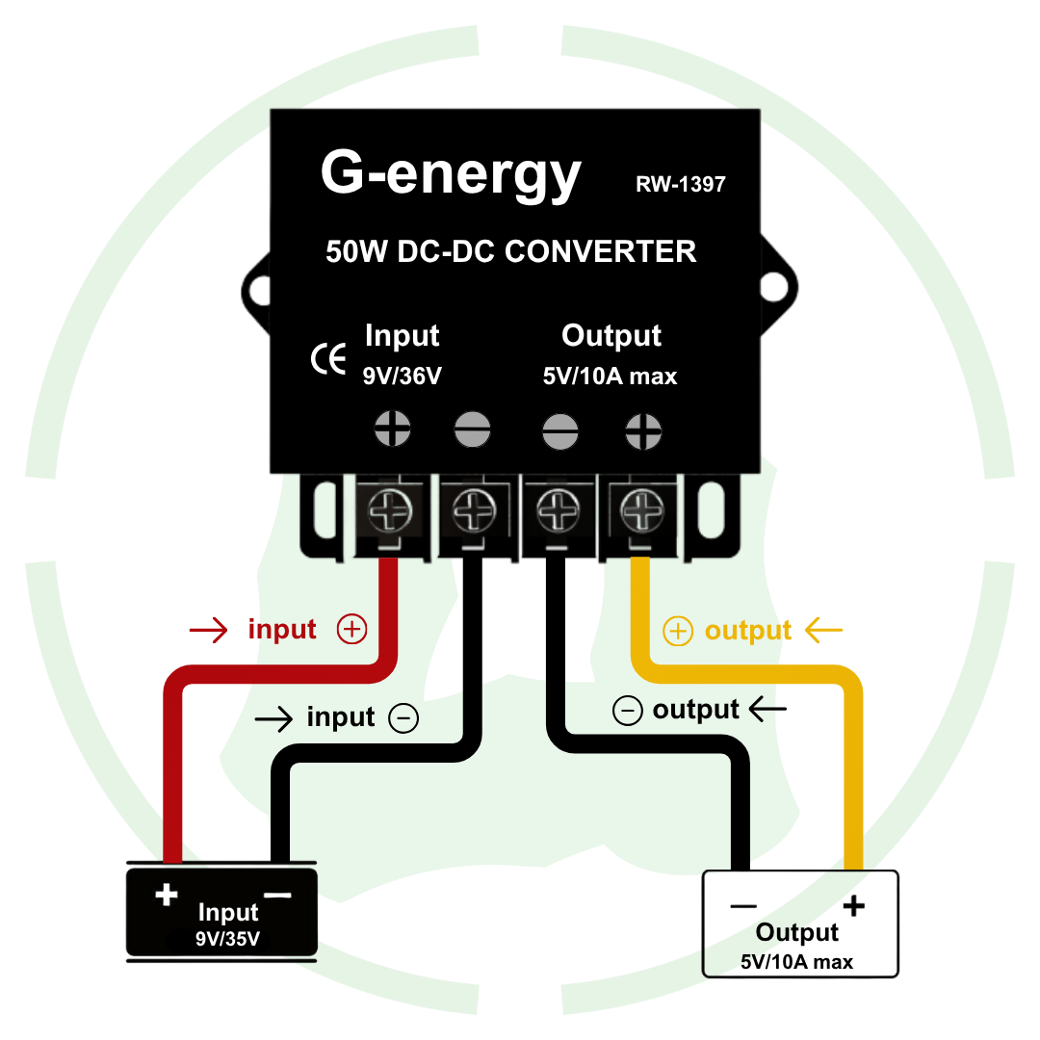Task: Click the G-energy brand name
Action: point(451,173)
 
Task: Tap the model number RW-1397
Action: point(680,184)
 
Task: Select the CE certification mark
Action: point(328,359)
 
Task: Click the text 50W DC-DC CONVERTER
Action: point(510,251)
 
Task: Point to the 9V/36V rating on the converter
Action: point(402,377)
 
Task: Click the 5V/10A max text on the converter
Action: point(610,377)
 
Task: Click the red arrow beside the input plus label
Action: point(208,631)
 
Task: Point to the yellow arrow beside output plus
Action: point(823,631)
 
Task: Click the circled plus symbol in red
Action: point(351,630)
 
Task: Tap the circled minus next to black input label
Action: point(403,718)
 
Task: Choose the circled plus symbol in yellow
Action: point(678,632)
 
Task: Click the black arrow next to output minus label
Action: point(767,711)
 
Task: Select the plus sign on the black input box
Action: point(167,895)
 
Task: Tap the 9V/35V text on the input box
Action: point(227,939)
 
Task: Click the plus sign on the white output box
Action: point(853,906)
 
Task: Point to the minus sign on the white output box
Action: point(742,906)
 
